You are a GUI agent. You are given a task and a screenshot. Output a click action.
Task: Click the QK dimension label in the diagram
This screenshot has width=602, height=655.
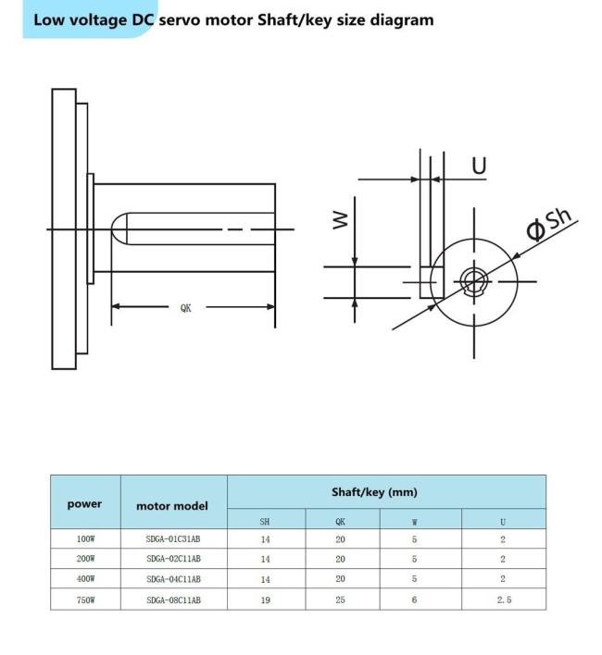(x=186, y=308)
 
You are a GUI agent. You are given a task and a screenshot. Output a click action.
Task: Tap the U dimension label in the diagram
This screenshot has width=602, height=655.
(x=479, y=166)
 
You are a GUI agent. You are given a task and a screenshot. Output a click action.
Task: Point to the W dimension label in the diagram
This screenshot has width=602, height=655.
(x=341, y=219)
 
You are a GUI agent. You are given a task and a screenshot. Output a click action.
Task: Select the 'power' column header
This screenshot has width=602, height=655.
(x=84, y=504)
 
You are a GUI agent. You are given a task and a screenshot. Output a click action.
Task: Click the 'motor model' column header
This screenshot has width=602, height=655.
(x=172, y=506)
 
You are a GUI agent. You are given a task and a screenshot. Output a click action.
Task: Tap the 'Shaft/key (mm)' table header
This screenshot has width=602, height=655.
(x=385, y=492)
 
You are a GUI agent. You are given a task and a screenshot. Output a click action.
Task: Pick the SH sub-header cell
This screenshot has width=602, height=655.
(x=265, y=521)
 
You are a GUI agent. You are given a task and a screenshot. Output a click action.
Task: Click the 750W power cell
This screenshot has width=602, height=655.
(x=84, y=600)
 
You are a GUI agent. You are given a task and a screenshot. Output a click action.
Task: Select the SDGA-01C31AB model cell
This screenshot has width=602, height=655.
(x=173, y=538)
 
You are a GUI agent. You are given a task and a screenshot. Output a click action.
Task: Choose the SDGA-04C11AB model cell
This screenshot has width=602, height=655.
(x=173, y=579)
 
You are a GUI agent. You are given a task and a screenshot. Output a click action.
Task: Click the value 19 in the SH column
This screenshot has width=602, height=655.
(x=265, y=600)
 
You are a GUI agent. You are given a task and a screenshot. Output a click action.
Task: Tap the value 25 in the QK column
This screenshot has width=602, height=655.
(x=341, y=600)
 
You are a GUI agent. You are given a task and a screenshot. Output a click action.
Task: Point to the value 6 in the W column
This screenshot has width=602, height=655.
(x=415, y=600)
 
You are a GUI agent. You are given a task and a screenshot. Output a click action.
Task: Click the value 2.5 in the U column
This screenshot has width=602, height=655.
(x=503, y=600)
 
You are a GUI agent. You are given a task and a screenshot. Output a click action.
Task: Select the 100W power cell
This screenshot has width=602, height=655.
(x=84, y=538)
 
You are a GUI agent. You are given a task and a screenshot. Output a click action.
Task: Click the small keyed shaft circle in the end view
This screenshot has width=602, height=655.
(x=474, y=279)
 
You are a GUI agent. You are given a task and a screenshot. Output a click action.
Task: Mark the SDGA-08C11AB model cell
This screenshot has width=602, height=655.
(x=173, y=600)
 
